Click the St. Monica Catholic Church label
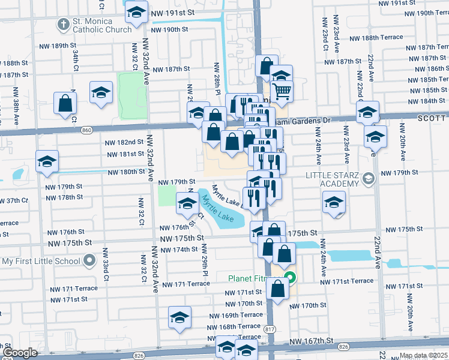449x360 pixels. (x=102, y=25)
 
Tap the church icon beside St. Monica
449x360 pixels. (x=62, y=25)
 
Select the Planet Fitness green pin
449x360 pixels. (x=289, y=278)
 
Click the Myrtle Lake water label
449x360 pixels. (x=217, y=208)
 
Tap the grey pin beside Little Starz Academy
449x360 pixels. (x=369, y=178)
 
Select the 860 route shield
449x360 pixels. (x=88, y=130)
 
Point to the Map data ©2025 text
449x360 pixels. (x=424, y=355)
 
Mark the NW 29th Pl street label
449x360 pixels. (x=205, y=259)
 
